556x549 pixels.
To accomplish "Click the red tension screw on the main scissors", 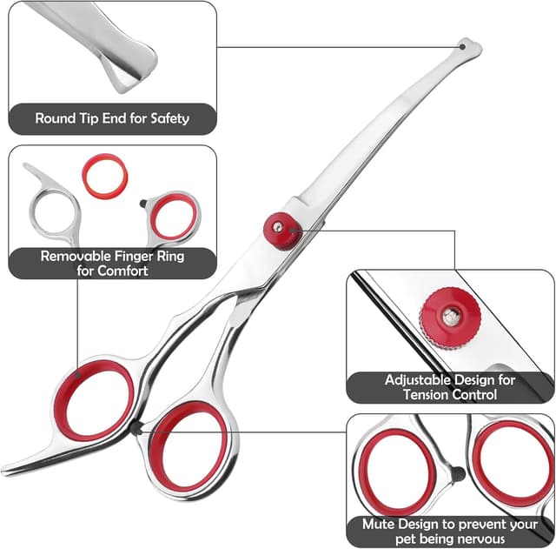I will [278, 229].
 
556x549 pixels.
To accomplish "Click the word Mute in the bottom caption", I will [380, 526].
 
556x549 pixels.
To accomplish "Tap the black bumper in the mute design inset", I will [454, 475].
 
